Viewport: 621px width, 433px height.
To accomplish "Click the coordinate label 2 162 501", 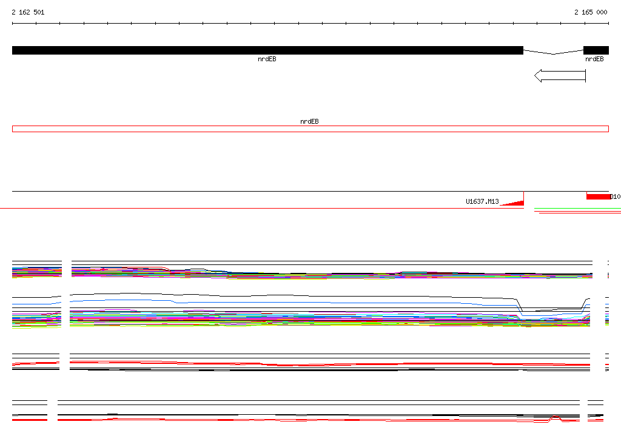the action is point(28,12).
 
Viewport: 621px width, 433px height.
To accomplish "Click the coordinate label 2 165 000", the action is point(591,12).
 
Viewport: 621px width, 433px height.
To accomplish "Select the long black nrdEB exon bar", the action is point(267,50).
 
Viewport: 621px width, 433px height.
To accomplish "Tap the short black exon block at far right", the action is point(596,50).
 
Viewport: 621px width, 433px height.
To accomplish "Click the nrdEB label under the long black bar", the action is point(267,59).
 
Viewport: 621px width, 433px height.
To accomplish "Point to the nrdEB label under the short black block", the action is point(594,59).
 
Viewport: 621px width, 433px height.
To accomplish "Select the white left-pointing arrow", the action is point(560,76).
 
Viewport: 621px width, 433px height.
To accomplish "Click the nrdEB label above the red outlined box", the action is point(309,121).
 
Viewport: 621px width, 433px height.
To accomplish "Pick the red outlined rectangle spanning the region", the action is point(310,126).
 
